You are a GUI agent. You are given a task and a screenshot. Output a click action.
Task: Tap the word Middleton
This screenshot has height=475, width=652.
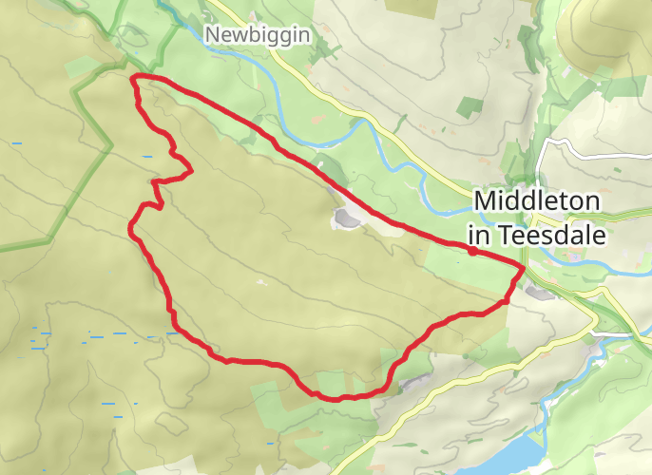pyautogui.click(x=537, y=201)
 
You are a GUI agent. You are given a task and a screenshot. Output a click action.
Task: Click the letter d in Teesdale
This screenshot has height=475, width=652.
pyautogui.click(x=561, y=234)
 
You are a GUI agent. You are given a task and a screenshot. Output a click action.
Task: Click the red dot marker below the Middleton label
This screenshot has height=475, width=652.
pyautogui.click(x=472, y=252)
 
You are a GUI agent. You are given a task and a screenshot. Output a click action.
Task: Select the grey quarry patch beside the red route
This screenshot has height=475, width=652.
pyautogui.click(x=346, y=219)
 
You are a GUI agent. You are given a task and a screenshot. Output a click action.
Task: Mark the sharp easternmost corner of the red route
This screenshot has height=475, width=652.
pyautogui.click(x=523, y=267)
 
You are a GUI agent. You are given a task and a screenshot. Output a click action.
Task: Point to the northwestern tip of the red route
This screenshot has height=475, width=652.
pyautogui.click(x=133, y=76)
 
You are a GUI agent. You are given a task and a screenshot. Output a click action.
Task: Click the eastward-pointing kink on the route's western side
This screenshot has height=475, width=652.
pyautogui.click(x=191, y=171)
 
